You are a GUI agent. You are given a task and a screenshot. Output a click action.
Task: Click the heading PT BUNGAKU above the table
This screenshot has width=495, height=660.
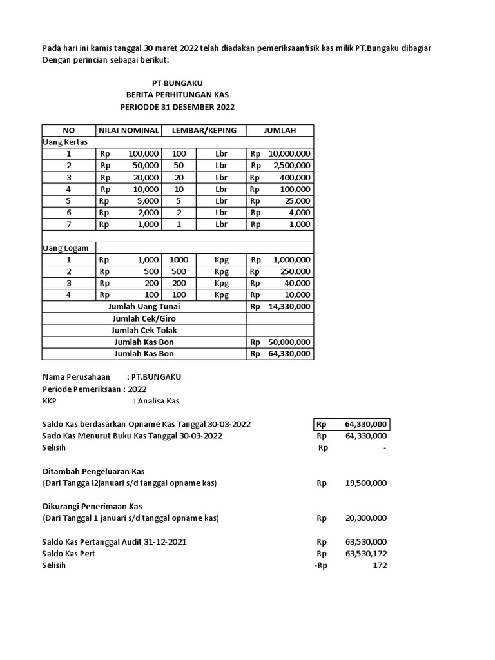(177, 83)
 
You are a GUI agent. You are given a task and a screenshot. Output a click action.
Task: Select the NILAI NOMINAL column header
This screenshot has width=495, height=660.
(128, 130)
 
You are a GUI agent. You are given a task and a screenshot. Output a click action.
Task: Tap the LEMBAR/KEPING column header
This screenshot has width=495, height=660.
(204, 130)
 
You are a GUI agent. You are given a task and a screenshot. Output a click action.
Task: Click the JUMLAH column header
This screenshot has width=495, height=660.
(280, 130)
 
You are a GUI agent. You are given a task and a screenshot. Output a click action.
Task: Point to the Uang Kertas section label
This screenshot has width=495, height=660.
(64, 142)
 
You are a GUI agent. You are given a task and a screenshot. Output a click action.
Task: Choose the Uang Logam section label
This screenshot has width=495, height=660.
(65, 247)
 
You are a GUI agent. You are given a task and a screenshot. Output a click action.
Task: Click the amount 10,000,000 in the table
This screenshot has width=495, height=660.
(289, 154)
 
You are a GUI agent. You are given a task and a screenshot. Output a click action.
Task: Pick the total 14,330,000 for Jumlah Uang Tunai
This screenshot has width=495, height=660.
(289, 307)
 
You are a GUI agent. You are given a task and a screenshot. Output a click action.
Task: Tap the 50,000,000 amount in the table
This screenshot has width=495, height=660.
(289, 342)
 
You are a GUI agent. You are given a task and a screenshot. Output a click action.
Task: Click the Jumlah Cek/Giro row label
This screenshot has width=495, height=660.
(144, 318)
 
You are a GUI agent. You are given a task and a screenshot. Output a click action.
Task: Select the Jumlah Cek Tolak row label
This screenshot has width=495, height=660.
(144, 330)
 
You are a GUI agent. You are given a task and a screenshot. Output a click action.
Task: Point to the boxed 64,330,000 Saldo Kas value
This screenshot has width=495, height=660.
(365, 424)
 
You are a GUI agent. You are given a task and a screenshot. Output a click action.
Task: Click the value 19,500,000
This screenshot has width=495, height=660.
(365, 483)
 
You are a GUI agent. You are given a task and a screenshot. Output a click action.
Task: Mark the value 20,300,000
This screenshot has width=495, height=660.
(365, 518)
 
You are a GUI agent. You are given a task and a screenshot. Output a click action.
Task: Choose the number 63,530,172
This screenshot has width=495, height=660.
(365, 554)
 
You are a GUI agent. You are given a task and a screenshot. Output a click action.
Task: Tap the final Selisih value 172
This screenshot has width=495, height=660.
(380, 565)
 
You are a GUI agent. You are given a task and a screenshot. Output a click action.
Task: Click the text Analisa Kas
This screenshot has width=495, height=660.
(156, 401)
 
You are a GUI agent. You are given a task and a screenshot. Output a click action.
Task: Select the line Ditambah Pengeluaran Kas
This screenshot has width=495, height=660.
(93, 471)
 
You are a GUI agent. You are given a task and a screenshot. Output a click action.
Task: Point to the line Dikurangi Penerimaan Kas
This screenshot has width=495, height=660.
(92, 506)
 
